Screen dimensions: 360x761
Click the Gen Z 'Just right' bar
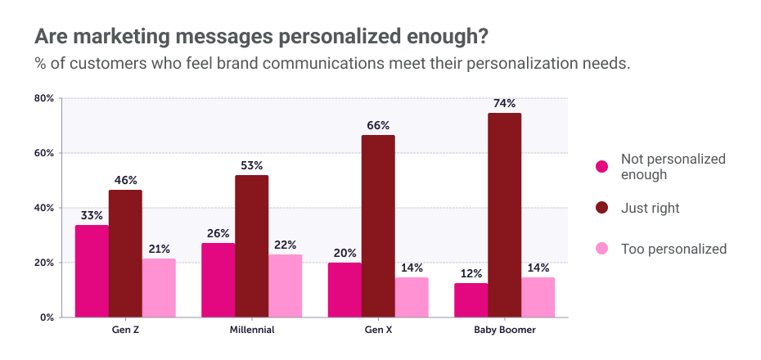tap(125, 254)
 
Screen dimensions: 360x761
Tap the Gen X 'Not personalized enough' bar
tap(344, 290)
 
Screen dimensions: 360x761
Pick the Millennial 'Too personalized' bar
tap(285, 286)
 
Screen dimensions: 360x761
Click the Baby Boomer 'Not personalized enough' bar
tap(471, 300)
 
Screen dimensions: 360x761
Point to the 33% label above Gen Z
tap(92, 216)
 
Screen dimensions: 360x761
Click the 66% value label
tap(378, 126)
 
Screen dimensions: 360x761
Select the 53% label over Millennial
tap(251, 165)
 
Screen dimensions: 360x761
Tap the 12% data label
tap(471, 274)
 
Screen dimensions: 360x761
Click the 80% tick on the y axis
tap(43, 98)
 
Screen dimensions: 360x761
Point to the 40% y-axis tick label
tap(43, 208)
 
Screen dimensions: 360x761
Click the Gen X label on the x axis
tap(378, 331)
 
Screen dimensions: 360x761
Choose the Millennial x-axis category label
tap(251, 331)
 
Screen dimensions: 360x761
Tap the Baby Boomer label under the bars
tap(504, 331)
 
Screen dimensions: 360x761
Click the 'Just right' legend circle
tap(602, 209)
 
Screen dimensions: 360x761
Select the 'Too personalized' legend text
tap(673, 249)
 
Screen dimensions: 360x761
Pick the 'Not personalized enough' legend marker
tap(602, 167)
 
